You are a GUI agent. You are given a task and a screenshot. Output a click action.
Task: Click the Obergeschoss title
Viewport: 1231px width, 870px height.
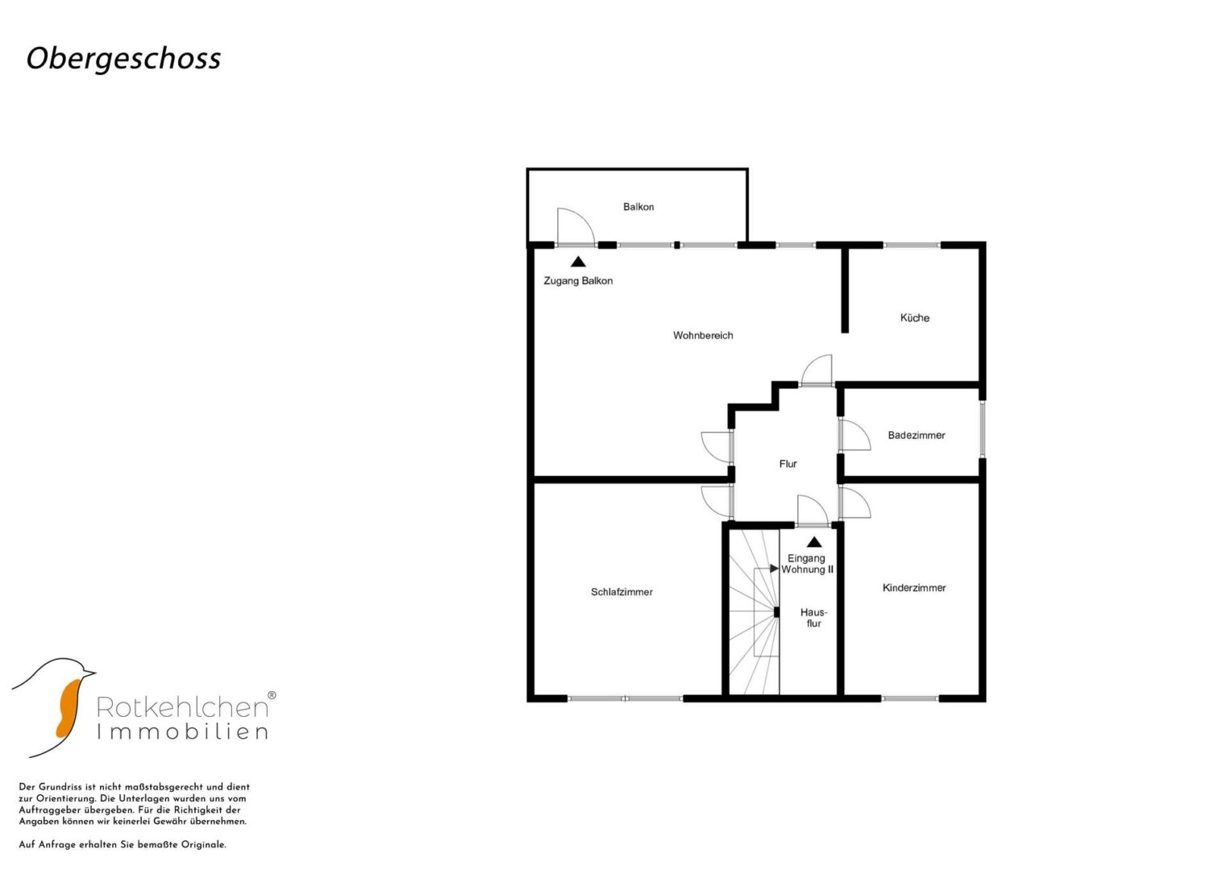pos(123,59)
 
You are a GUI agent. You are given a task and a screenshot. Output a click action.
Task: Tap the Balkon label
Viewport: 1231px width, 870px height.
pos(638,207)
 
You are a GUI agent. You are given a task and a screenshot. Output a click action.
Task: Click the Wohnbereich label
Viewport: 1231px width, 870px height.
pos(703,336)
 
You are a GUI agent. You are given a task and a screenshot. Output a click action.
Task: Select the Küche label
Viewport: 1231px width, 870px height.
pos(915,317)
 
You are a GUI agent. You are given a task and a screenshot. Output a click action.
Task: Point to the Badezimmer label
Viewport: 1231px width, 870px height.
pos(917,436)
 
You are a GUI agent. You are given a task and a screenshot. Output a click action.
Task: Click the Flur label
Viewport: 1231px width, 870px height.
pos(788,464)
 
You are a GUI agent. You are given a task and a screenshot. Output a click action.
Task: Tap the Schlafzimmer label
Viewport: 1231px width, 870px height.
pos(622,592)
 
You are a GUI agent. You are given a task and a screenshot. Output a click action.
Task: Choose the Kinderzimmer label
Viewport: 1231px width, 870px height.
pos(914,588)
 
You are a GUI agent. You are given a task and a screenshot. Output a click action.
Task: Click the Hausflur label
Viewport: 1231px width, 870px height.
pos(814,618)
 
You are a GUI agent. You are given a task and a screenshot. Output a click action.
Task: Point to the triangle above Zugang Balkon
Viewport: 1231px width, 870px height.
pos(578,262)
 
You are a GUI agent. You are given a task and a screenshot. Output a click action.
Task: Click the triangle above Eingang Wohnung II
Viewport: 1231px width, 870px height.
pos(814,542)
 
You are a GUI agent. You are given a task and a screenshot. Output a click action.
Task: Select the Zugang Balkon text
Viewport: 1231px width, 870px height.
pos(578,281)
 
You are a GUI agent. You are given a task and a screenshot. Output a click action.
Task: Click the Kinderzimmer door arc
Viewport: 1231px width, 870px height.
pos(862,498)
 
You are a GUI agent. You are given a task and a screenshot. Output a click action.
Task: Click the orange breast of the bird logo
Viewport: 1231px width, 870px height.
pos(69,709)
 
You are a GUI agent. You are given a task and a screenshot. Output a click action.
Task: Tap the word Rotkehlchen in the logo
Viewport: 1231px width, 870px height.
pos(183,707)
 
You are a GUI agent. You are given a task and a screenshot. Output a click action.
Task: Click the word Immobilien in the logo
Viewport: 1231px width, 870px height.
pos(183,732)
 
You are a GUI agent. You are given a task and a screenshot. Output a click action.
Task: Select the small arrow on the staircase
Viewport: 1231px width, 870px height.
pos(775,569)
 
